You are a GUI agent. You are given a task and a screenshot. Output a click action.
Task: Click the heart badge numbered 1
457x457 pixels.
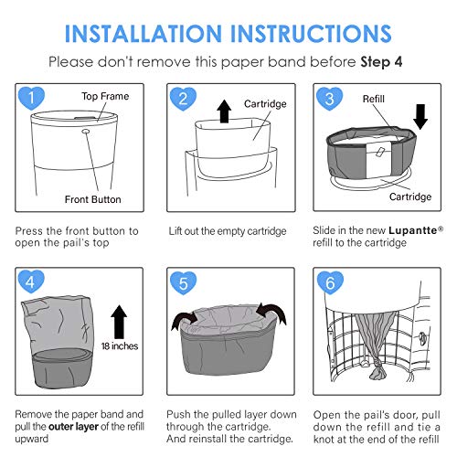31,98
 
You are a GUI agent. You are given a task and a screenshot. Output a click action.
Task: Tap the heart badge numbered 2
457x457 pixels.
183,99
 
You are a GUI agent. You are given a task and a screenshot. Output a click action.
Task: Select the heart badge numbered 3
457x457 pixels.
329,99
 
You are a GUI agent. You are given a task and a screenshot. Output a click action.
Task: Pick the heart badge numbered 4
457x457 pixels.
31,282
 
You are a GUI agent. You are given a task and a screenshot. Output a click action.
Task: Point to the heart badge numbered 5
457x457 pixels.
183,283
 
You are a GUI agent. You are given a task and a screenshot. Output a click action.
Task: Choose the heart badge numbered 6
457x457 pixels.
330,283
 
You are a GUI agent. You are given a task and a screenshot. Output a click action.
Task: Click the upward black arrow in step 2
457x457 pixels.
224,112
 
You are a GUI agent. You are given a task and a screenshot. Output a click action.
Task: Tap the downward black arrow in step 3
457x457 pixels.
420,117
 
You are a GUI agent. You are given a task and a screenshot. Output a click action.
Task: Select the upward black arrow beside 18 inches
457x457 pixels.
119,322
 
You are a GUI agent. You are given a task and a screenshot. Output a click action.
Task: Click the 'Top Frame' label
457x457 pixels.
105,96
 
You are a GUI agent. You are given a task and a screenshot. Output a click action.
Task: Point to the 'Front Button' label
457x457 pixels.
93,199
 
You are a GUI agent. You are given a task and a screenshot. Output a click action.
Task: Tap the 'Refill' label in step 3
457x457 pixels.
374,99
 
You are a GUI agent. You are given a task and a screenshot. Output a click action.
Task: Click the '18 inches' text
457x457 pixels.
120,346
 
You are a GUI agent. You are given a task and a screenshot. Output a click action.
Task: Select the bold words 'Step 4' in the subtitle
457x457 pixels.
381,62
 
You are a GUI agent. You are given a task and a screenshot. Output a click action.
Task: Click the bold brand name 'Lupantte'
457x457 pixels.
413,230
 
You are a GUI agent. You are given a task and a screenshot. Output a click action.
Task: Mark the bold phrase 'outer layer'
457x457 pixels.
73,427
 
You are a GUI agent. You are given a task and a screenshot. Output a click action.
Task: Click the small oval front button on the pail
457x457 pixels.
86,131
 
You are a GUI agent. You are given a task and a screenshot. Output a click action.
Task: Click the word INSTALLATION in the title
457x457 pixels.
143,33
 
